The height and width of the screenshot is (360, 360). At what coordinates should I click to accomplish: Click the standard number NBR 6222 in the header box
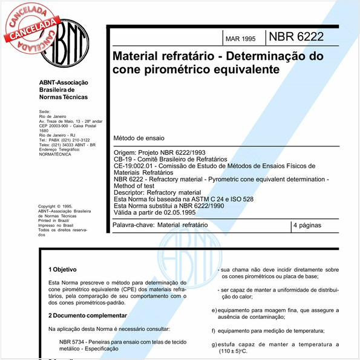[297, 36]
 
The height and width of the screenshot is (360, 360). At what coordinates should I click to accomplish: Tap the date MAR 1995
[240, 39]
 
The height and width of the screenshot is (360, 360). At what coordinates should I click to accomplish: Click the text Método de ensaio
[139, 139]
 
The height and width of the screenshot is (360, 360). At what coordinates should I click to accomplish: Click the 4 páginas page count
[307, 225]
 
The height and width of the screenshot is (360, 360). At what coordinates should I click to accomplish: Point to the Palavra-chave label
[133, 225]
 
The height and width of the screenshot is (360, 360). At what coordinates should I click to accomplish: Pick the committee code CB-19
[124, 159]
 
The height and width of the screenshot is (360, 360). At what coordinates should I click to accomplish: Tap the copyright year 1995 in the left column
[71, 206]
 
